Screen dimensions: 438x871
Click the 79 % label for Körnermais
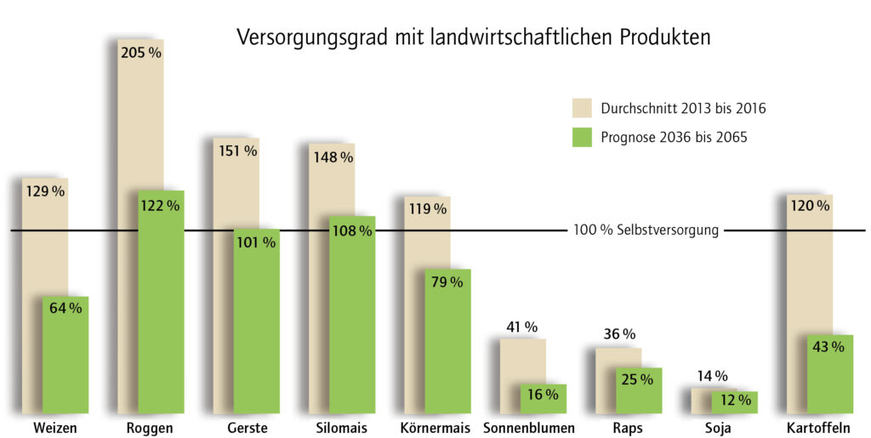pyautogui.click(x=447, y=282)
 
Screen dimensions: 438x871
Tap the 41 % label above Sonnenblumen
pyautogui.click(x=522, y=327)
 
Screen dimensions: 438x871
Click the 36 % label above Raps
pyautogui.click(x=618, y=334)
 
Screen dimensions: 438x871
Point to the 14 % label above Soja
pyautogui.click(x=714, y=376)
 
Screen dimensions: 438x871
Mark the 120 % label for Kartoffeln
pyautogui.click(x=810, y=205)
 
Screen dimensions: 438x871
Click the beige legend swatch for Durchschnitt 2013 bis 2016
pyautogui.click(x=582, y=108)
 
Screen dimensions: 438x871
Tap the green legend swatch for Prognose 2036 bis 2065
pyautogui.click(x=582, y=136)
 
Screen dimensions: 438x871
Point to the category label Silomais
pyautogui.click(x=340, y=428)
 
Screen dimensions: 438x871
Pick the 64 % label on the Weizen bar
pyautogui.click(x=65, y=309)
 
